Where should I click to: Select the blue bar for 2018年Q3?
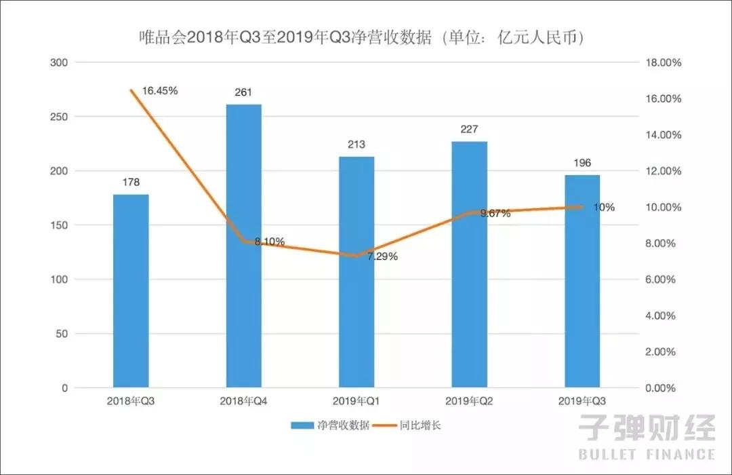pos(131,291)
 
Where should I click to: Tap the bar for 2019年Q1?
pos(357,272)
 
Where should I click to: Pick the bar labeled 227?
pos(470,265)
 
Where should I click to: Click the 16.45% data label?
pos(160,90)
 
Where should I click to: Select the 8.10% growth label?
pos(269,242)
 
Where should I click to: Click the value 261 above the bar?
pos(244,92)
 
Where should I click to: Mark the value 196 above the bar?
pos(582,163)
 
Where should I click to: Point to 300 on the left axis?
pos(60,62)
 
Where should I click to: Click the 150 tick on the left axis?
pos(60,225)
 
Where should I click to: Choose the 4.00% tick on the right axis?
pos(664,316)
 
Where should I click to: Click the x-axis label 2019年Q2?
pos(470,401)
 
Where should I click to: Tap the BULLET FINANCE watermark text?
pos(647,454)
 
